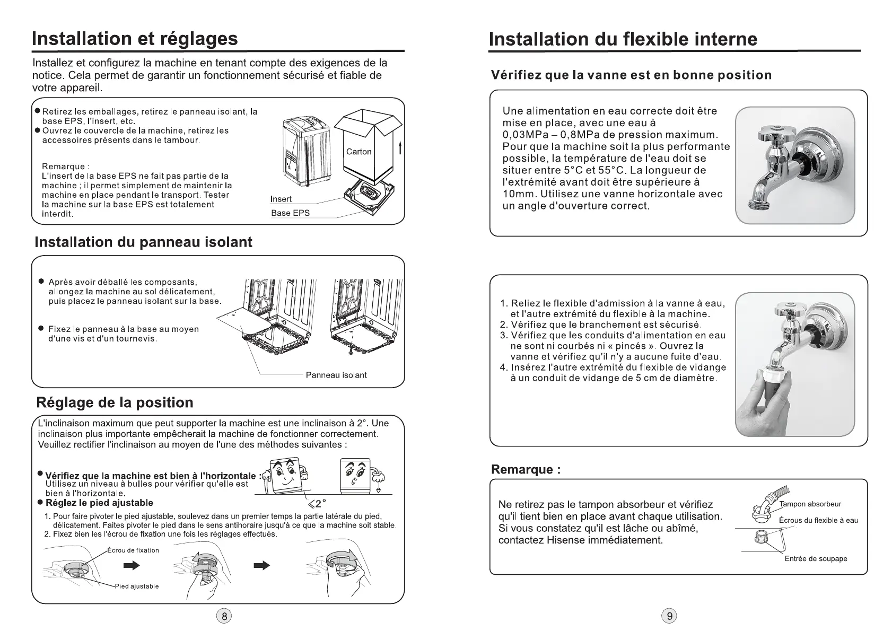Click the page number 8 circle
[224, 616]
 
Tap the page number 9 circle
[669, 616]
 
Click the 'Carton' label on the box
[358, 152]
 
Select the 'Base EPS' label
[290, 213]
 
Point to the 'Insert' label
[281, 199]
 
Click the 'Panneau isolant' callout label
[336, 375]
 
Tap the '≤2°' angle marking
[317, 504]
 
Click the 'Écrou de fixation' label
[133, 550]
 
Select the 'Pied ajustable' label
[137, 586]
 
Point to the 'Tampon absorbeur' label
[810, 504]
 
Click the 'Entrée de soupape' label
[816, 558]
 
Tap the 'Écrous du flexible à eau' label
[818, 520]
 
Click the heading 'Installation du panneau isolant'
[143, 242]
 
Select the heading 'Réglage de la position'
[115, 402]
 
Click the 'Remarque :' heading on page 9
[526, 469]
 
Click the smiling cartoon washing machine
[287, 476]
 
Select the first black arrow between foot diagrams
[132, 566]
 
